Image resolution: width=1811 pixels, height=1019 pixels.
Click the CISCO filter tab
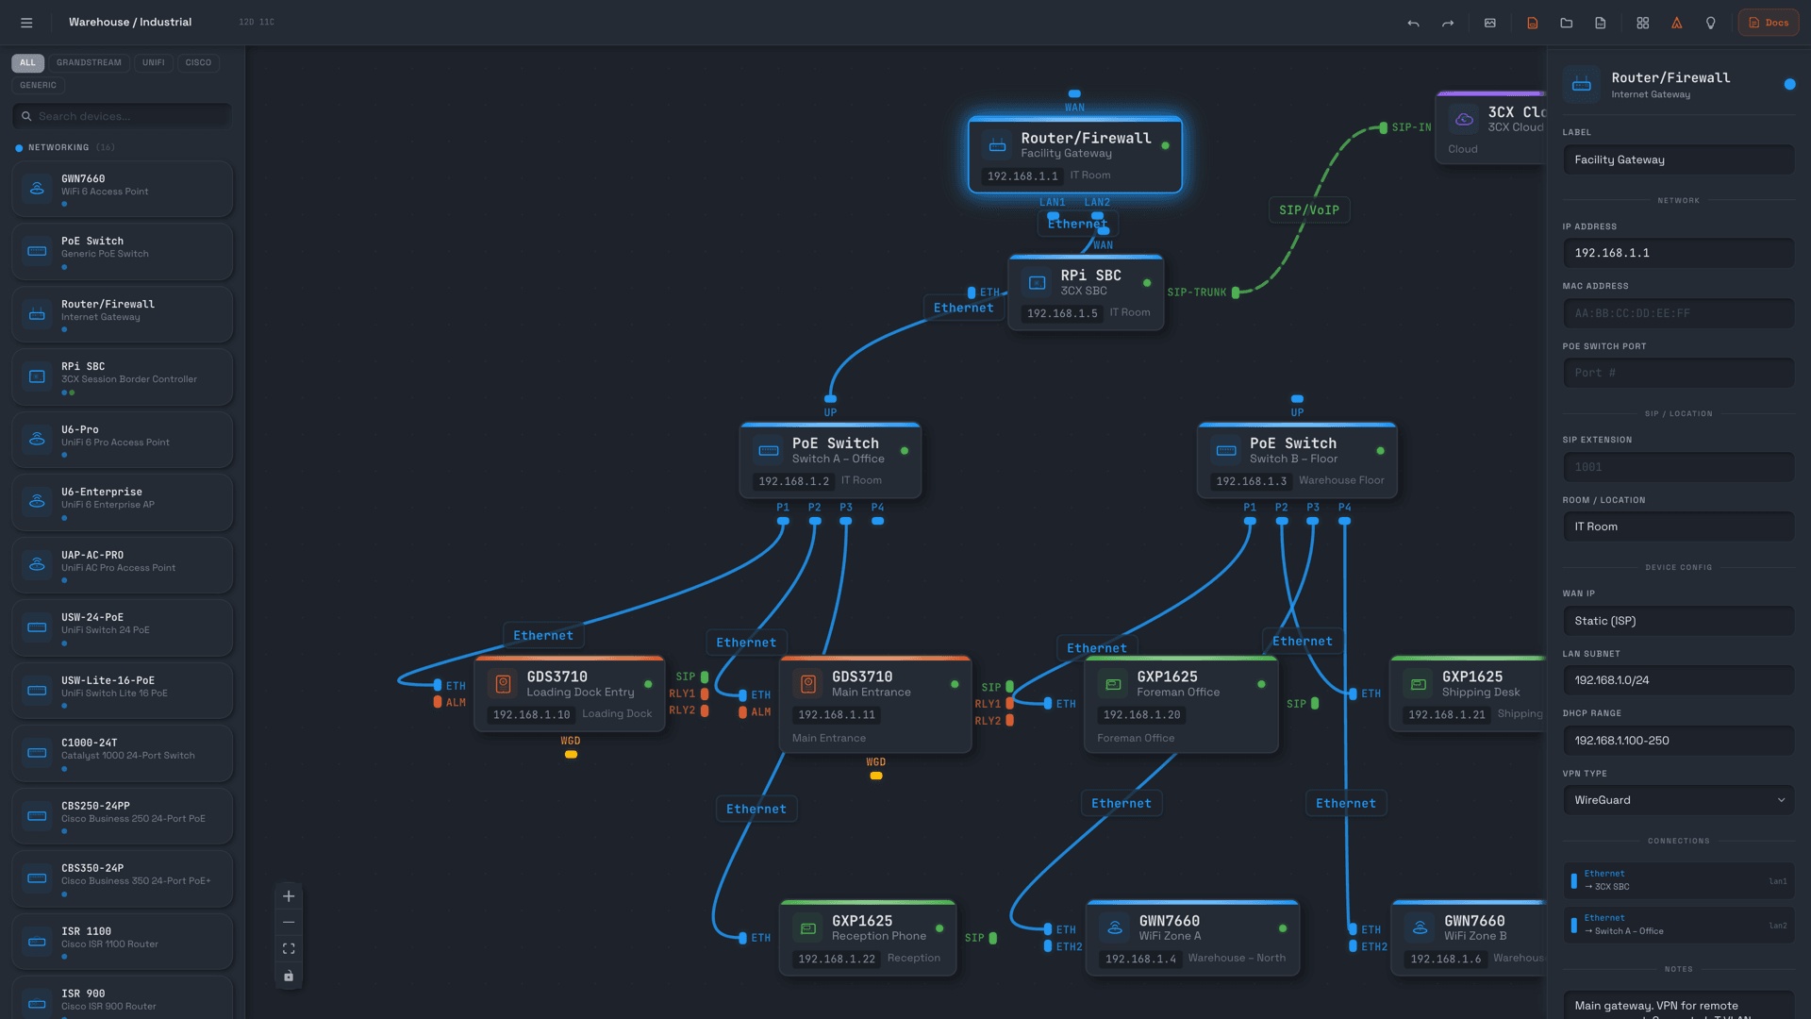coord(198,62)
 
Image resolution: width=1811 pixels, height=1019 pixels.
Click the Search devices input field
coord(127,116)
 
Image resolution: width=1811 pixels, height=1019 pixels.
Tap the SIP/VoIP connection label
coord(1308,209)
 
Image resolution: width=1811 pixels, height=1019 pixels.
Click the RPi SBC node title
coord(1090,276)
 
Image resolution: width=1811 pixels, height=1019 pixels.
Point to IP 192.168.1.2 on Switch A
coord(793,481)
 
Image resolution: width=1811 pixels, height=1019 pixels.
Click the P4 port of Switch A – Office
coord(877,520)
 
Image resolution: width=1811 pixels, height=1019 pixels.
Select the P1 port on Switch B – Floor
coord(1250,520)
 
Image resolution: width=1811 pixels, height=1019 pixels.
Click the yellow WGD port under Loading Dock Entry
coord(571,754)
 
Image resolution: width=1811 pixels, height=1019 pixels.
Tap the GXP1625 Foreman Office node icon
coord(1113,684)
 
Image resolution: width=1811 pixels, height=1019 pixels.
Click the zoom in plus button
coord(289,896)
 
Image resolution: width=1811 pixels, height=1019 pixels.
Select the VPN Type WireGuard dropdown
coord(1678,800)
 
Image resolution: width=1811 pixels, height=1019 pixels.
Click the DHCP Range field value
coord(1678,741)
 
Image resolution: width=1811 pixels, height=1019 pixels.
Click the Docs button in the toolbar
coord(1768,23)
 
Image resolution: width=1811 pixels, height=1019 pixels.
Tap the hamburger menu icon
coord(26,23)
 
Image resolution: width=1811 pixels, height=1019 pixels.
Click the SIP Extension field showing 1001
coord(1678,467)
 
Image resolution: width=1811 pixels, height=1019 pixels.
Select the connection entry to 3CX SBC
coord(1678,880)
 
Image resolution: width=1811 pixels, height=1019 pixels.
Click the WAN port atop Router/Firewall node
coord(1074,94)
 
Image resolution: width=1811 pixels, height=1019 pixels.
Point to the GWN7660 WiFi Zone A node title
coord(1169,921)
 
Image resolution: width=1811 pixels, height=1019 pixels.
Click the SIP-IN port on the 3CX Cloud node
coord(1383,127)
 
